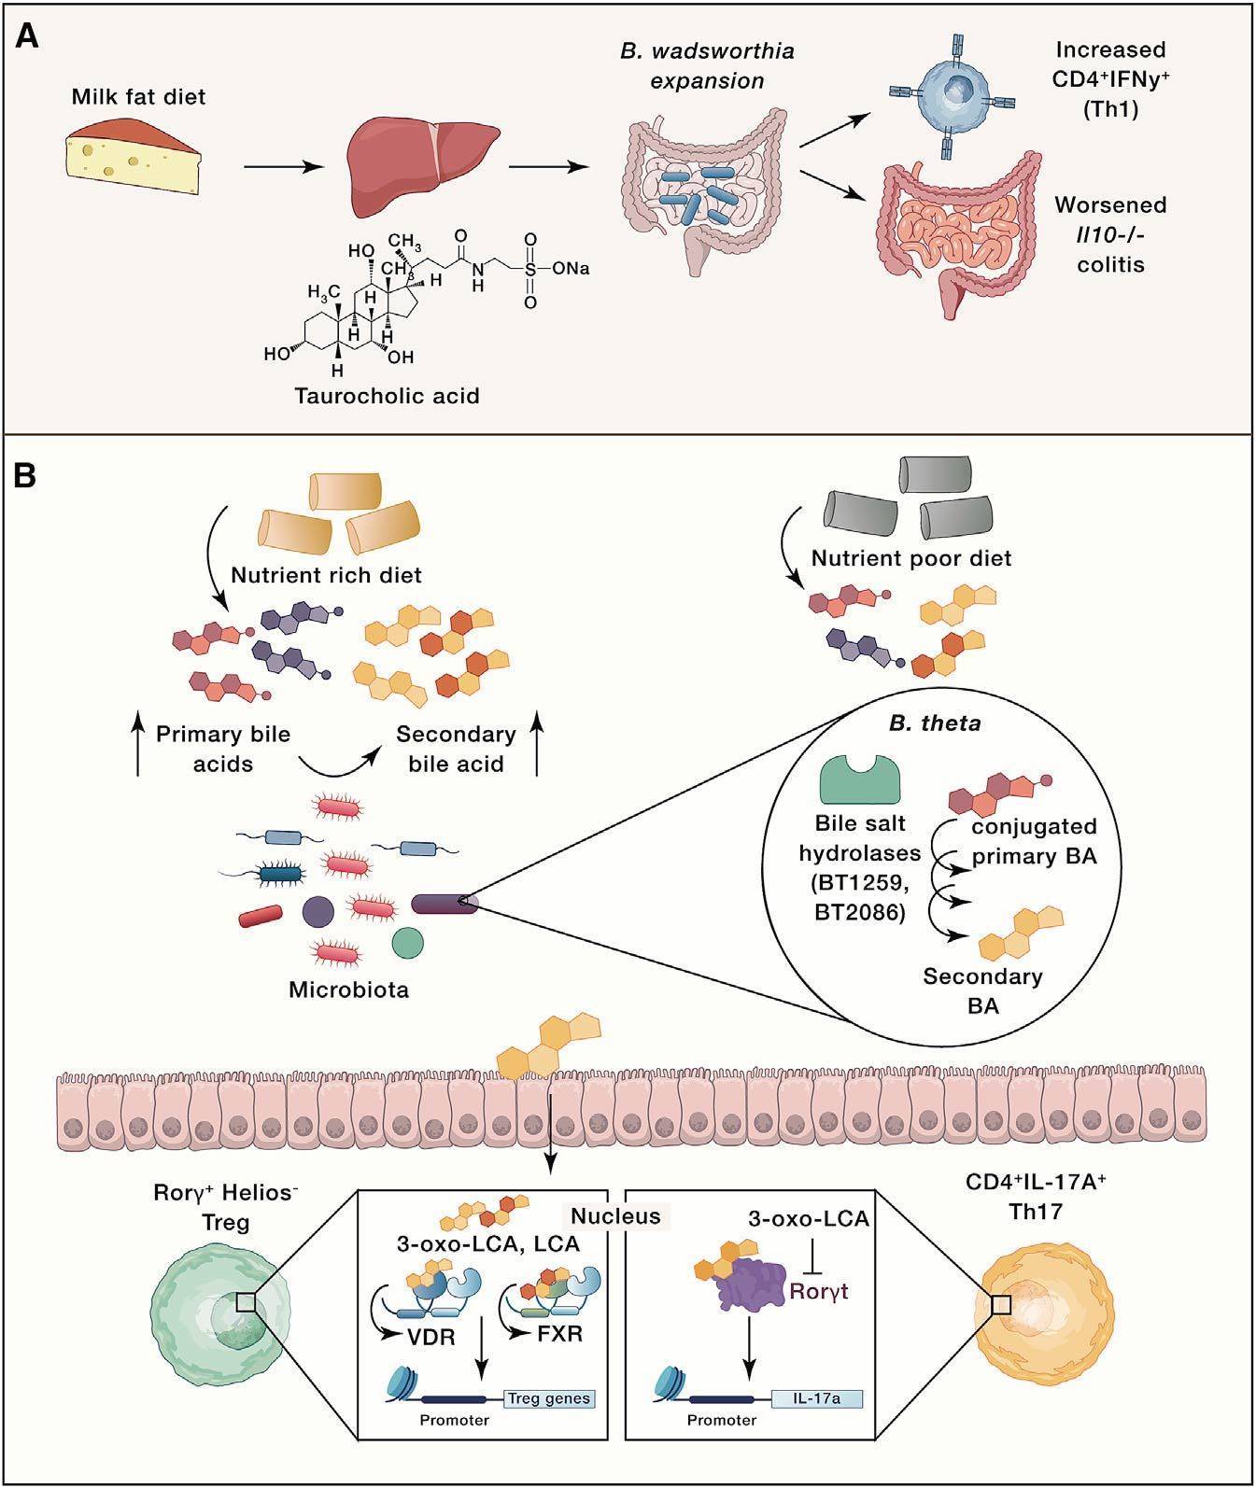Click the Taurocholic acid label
point(387,396)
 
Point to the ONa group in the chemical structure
point(571,269)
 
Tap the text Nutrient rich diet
point(327,575)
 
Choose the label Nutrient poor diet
point(910,559)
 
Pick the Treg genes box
point(549,1398)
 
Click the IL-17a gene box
point(816,1398)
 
